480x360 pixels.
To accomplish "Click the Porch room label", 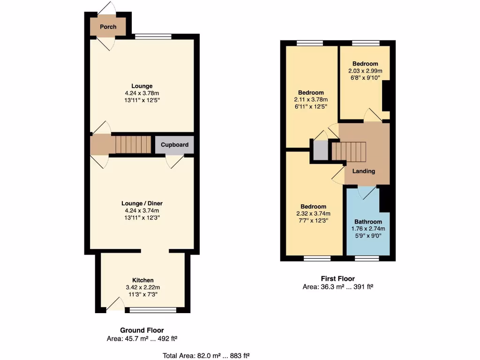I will pyautogui.click(x=108, y=27).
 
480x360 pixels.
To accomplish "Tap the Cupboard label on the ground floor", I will pyautogui.click(x=174, y=145).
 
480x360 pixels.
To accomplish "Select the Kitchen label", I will pyautogui.click(x=142, y=280).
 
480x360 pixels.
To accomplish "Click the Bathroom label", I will pyautogui.click(x=368, y=222).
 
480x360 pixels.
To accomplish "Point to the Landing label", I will pyautogui.click(x=364, y=171).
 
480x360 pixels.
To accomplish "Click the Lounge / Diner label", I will pyautogui.click(x=142, y=203).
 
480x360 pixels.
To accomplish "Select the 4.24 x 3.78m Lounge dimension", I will pyautogui.click(x=142, y=93).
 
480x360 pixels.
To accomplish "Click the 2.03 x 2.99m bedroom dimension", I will pyautogui.click(x=365, y=71).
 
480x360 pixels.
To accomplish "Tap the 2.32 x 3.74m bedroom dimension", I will pyautogui.click(x=313, y=214).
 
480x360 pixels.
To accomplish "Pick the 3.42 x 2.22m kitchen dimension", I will pyautogui.click(x=142, y=287).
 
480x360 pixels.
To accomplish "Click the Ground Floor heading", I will pyautogui.click(x=142, y=330).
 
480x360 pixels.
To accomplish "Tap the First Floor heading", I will pyautogui.click(x=337, y=279).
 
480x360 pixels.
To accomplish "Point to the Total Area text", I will pyautogui.click(x=209, y=356).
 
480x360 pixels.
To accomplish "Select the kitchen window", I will pyautogui.click(x=153, y=310).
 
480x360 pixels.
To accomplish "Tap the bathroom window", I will pyautogui.click(x=367, y=258).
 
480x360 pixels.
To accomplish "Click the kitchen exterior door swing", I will pyautogui.click(x=115, y=306).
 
